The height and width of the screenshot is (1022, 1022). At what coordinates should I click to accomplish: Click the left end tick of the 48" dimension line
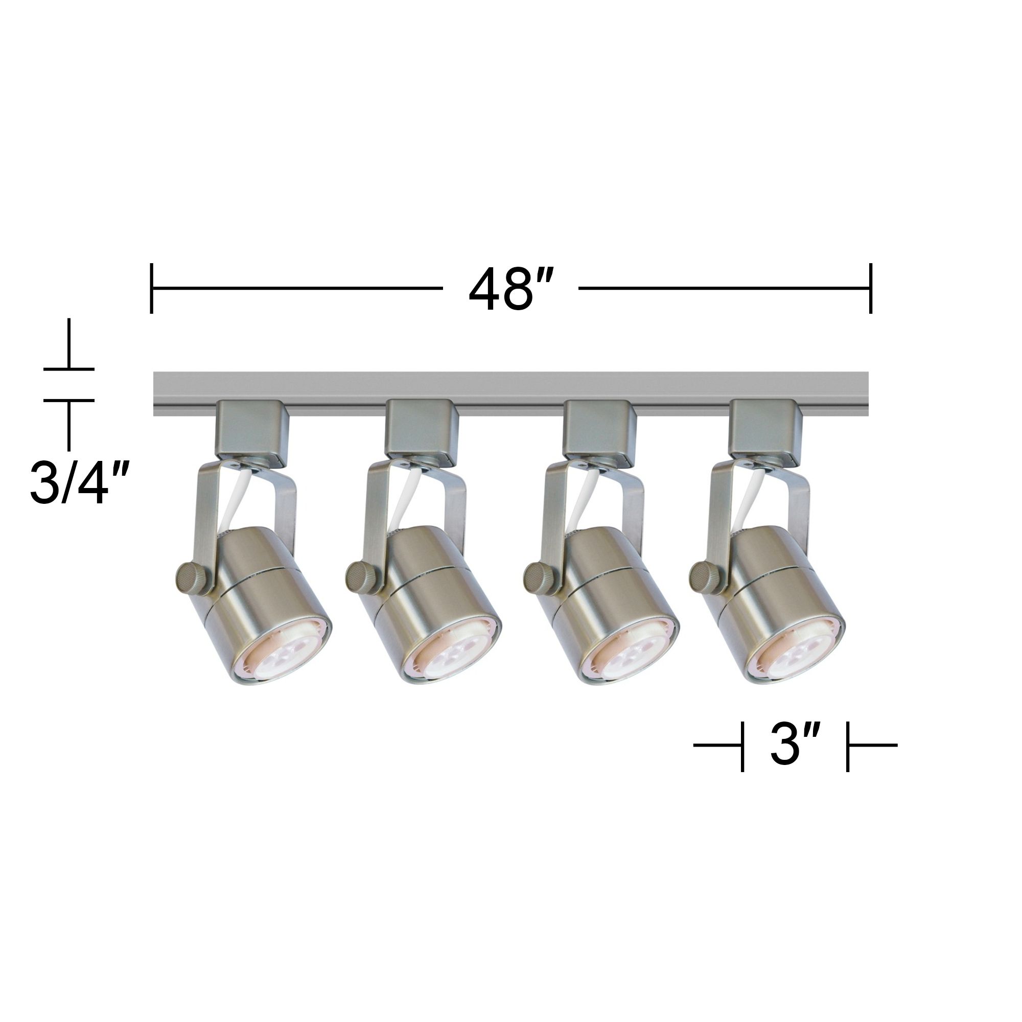pyautogui.click(x=152, y=288)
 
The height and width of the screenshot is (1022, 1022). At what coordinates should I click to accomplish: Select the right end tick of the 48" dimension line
pyautogui.click(x=870, y=288)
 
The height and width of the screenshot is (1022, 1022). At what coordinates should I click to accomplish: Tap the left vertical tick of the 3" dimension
pyautogui.click(x=742, y=746)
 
